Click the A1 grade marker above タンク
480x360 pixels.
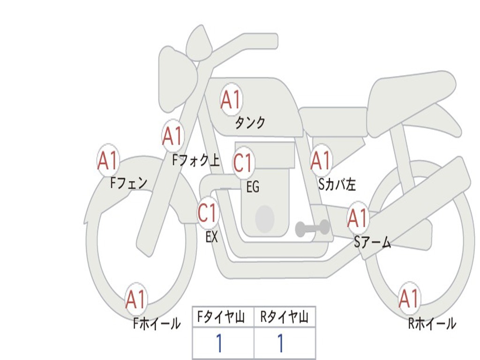tap(231, 99)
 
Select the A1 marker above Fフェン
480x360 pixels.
tap(108, 161)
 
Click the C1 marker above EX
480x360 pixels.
tap(208, 214)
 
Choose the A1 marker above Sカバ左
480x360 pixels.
tap(321, 161)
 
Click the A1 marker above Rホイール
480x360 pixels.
tap(409, 299)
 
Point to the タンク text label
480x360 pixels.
tap(250, 123)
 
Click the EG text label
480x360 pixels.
tap(253, 187)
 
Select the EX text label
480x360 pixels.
tap(212, 237)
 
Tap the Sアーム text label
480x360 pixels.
tap(372, 242)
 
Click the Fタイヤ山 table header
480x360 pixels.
tap(223, 318)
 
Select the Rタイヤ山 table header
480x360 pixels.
tap(285, 318)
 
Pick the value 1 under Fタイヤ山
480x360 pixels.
tap(219, 344)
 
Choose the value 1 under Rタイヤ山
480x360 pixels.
tap(280, 344)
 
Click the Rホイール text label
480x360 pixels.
tap(432, 323)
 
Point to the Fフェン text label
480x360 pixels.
tap(129, 183)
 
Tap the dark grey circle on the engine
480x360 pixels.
tap(264, 219)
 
